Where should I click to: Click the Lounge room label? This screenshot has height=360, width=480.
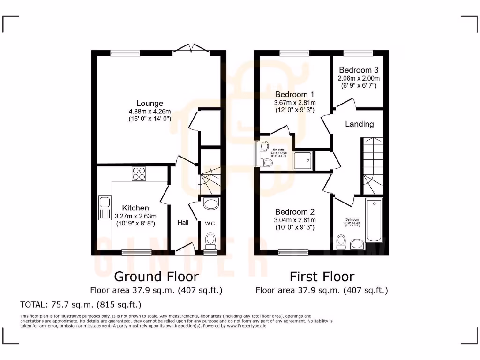click(x=150, y=103)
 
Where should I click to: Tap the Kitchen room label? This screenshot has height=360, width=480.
click(x=135, y=208)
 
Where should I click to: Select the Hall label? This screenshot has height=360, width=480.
click(x=183, y=222)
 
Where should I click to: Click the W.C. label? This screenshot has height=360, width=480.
click(x=210, y=224)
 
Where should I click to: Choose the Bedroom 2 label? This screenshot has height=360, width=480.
click(x=295, y=211)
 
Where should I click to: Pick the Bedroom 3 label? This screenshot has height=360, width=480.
click(x=359, y=69)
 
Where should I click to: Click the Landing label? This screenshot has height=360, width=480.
click(x=360, y=124)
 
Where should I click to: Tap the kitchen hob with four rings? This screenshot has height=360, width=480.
click(x=139, y=174)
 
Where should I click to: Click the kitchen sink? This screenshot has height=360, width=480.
click(x=104, y=209)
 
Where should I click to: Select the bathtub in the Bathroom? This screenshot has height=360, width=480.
click(x=374, y=220)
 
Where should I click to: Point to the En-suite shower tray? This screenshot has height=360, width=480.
click(x=303, y=161)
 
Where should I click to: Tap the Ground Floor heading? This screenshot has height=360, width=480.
click(x=156, y=277)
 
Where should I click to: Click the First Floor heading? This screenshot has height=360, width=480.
click(x=322, y=277)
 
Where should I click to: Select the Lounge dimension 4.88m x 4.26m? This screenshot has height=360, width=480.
click(x=150, y=112)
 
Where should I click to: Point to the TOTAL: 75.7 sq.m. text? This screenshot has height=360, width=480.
click(x=81, y=305)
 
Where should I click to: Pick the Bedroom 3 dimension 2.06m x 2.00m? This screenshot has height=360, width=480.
click(x=359, y=78)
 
